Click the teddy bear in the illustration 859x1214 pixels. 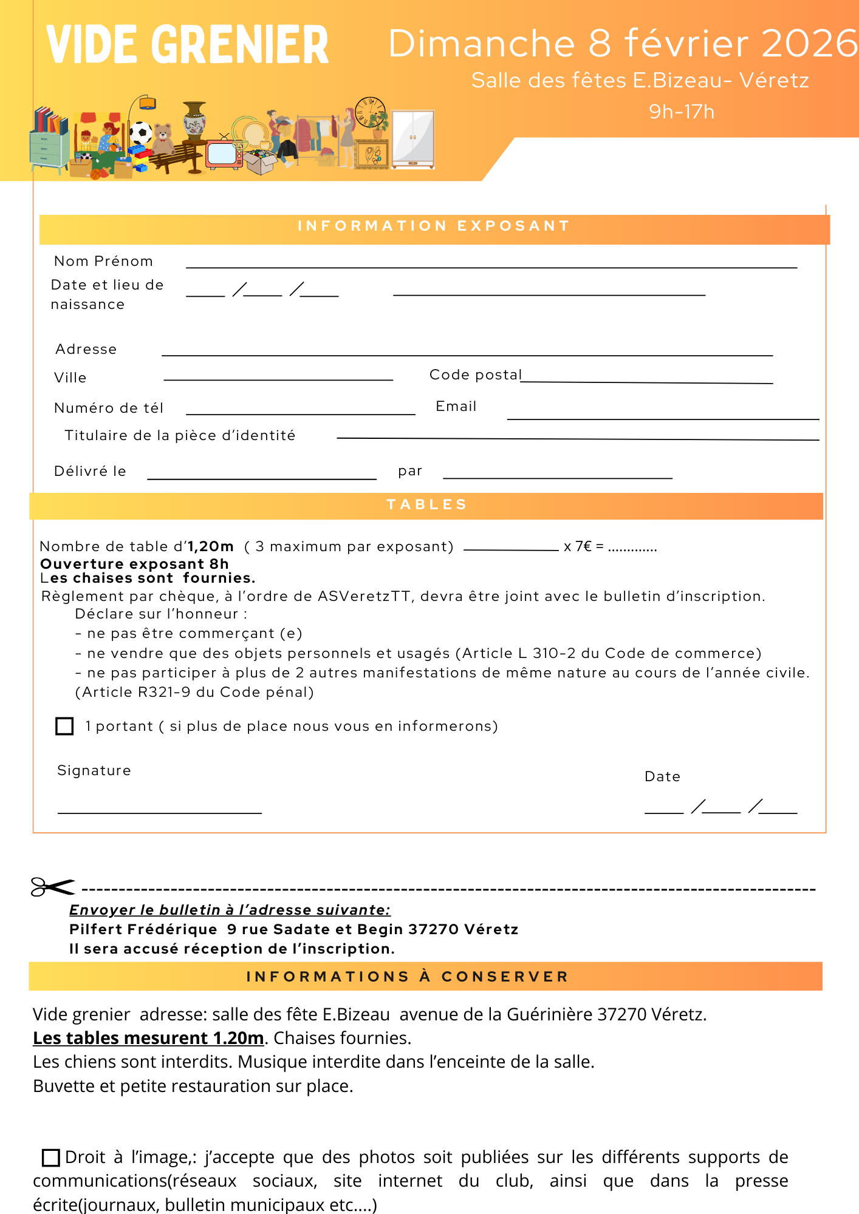click(x=162, y=138)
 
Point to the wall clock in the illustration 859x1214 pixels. click(x=369, y=112)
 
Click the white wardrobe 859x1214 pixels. click(x=413, y=139)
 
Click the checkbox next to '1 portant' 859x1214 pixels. click(x=64, y=726)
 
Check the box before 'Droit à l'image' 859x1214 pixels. click(x=50, y=1158)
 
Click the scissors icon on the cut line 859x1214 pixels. click(x=52, y=887)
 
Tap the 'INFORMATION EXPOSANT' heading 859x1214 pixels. click(x=434, y=226)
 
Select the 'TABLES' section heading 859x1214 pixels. click(x=427, y=505)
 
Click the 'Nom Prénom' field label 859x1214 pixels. click(x=103, y=262)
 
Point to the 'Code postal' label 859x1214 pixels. click(x=476, y=375)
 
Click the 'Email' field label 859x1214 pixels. click(x=456, y=407)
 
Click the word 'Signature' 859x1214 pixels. click(x=94, y=771)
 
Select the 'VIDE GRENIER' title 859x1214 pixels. click(x=188, y=45)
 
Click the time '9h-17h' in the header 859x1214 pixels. click(x=682, y=112)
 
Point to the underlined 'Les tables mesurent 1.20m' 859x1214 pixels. click(x=148, y=1039)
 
